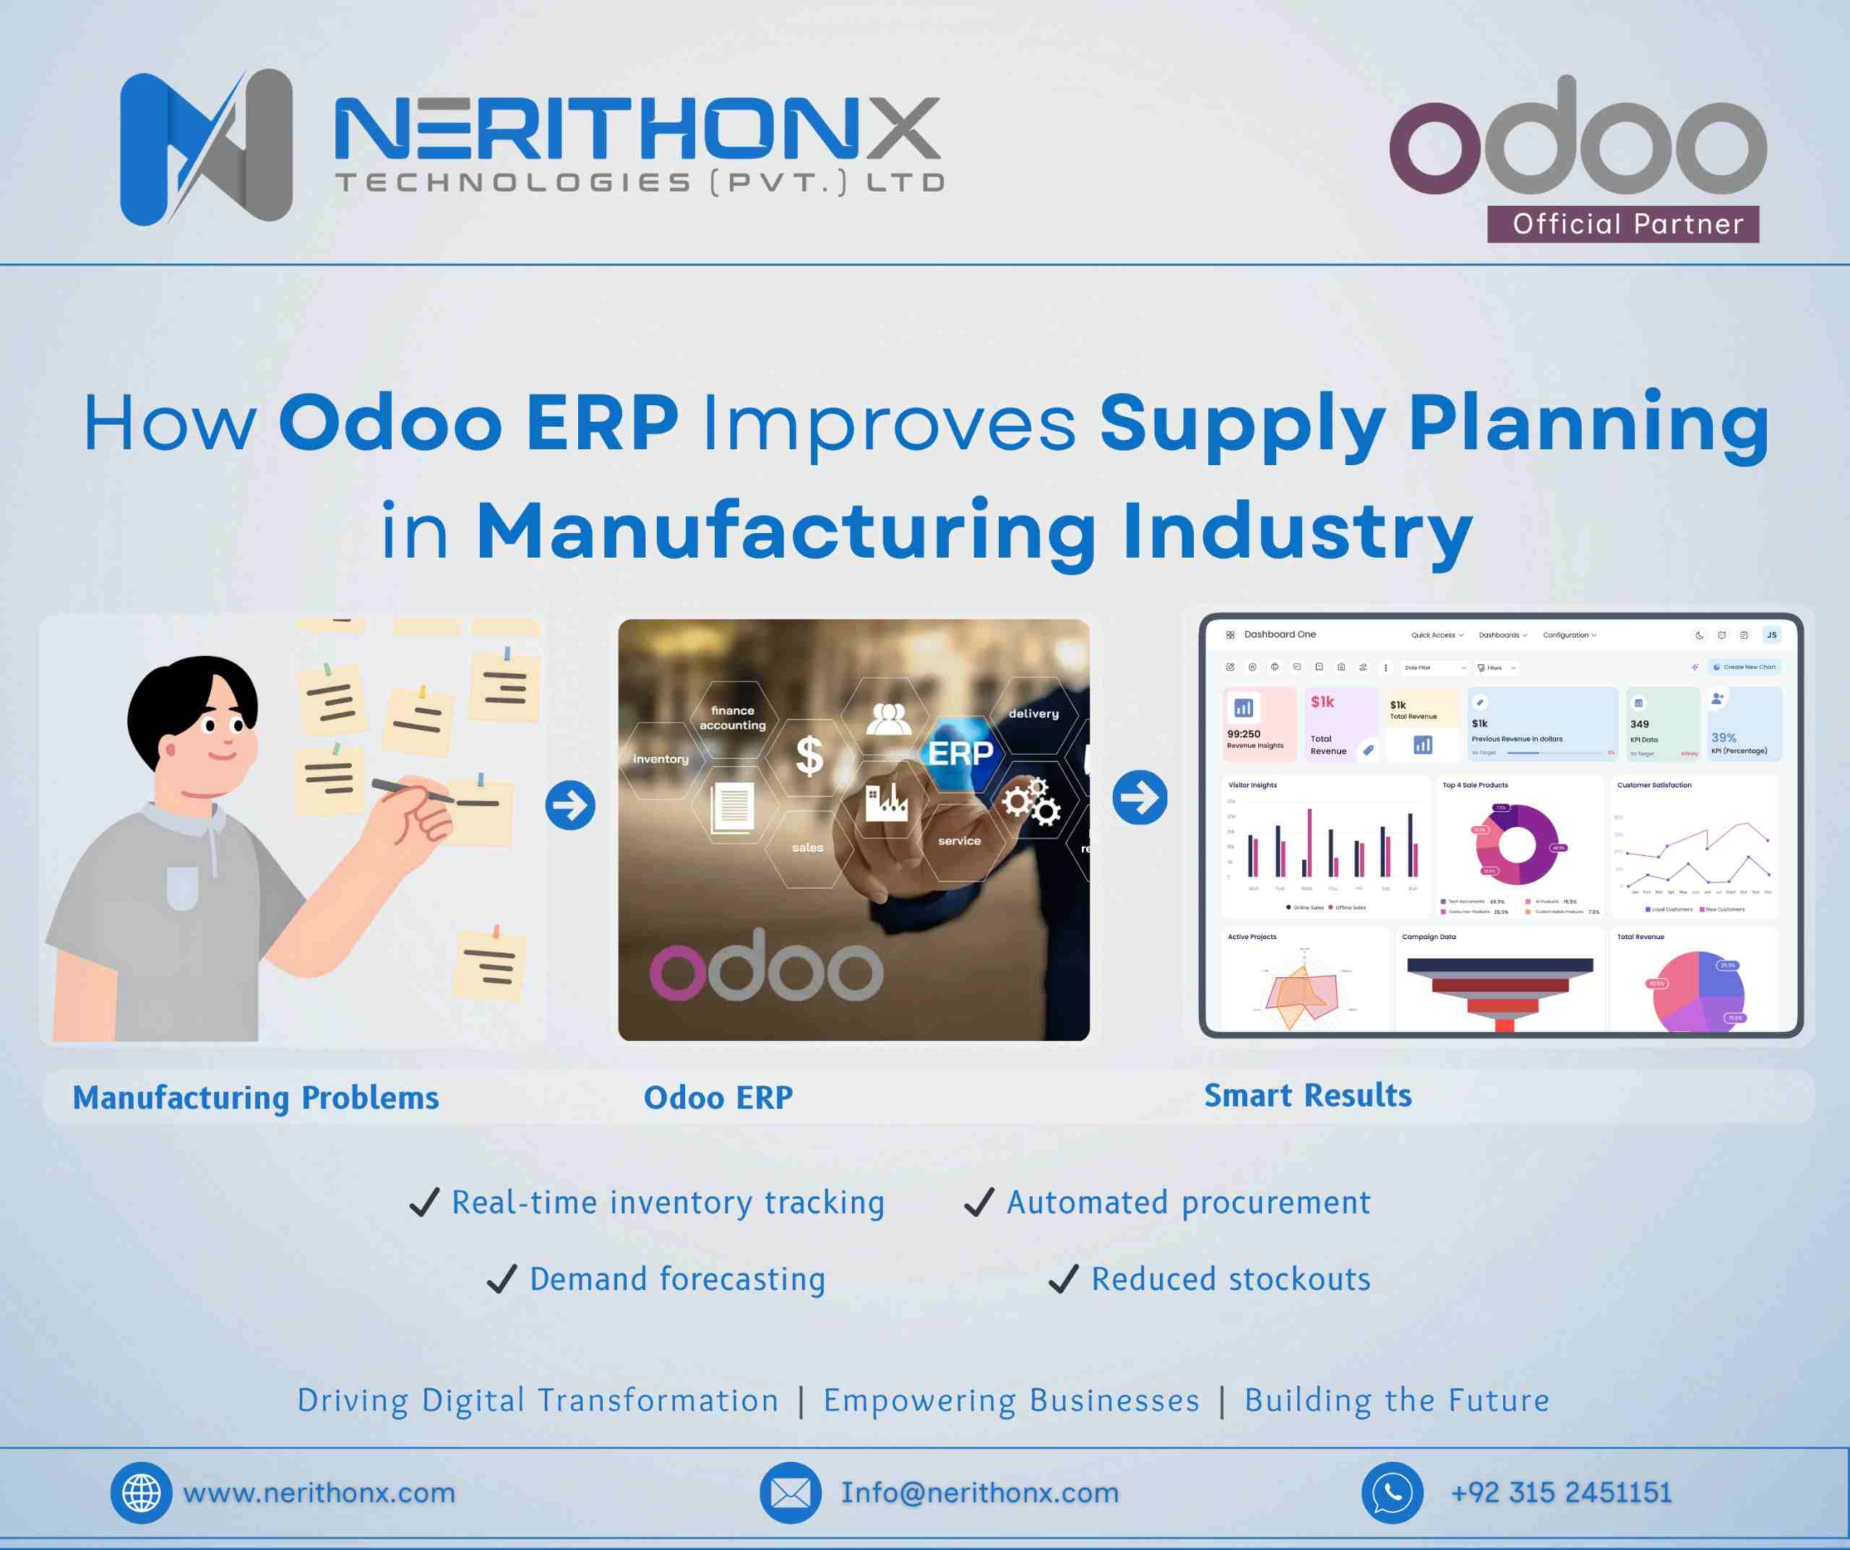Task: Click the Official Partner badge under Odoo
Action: coord(1622,224)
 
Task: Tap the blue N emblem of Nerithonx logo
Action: coord(205,147)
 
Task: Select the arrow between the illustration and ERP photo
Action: coord(570,805)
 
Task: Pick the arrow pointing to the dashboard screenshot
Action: coord(1139,797)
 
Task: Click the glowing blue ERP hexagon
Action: coord(960,753)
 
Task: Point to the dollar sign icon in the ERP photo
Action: coord(809,755)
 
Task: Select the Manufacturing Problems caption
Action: coord(256,1097)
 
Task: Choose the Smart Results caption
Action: coord(1307,1095)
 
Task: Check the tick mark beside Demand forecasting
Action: coord(502,1278)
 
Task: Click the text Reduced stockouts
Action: coord(1230,1278)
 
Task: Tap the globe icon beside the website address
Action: coord(141,1493)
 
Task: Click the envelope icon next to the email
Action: coord(790,1493)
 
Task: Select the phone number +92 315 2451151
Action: coord(1560,1493)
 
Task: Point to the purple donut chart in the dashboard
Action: coord(1517,846)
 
